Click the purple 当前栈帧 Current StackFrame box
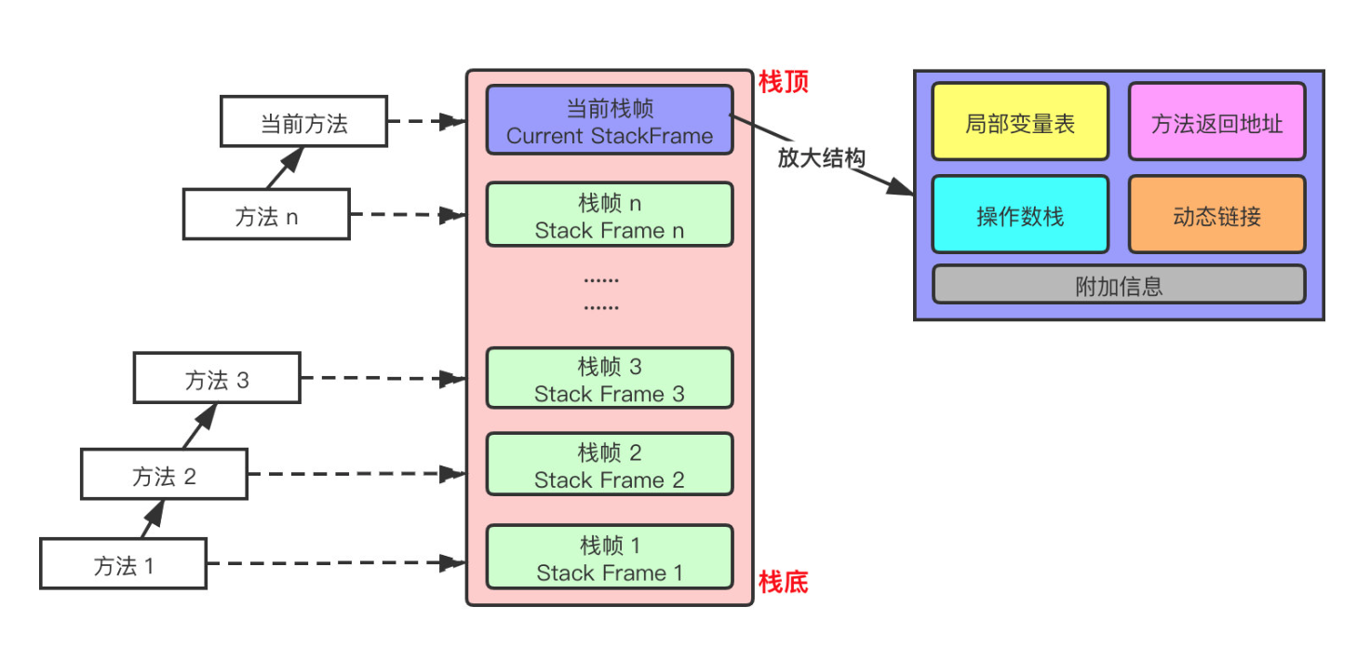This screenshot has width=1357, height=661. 610,120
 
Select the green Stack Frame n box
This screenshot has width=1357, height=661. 610,215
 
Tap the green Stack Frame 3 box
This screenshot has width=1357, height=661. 610,379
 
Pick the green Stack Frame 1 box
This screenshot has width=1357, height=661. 610,558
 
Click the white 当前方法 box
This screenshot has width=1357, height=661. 303,122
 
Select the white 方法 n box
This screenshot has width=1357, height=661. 266,215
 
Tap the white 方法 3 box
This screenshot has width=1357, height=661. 217,379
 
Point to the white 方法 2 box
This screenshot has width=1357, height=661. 164,475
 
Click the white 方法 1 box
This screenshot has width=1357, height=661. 123,564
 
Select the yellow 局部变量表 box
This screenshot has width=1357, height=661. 1020,122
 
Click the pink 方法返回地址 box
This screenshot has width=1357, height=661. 1216,122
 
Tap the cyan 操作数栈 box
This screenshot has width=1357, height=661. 1020,215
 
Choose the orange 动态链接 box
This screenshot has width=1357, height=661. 1216,215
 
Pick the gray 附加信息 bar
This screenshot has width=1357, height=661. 1119,285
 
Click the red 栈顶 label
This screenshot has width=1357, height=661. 784,82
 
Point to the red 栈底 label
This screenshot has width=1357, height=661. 784,583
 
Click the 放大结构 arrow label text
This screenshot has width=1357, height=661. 821,158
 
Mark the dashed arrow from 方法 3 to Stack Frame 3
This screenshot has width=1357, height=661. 382,379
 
